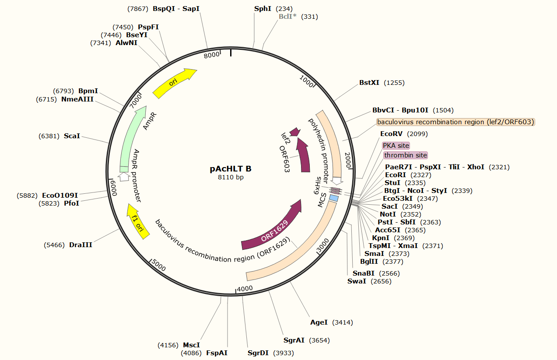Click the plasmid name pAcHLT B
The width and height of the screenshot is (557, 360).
click(231, 169)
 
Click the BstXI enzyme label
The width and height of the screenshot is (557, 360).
click(369, 82)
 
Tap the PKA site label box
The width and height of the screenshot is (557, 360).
click(396, 145)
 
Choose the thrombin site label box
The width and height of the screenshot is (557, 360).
click(406, 155)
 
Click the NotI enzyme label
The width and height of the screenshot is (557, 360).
click(388, 214)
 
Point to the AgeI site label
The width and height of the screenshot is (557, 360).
click(319, 322)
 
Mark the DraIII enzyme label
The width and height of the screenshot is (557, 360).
click(81, 245)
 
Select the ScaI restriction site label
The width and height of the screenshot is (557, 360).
click(72, 136)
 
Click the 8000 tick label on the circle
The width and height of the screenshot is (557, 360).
click(212, 54)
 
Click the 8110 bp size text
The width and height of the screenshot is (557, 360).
click(231, 177)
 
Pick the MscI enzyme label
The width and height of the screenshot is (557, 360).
click(191, 345)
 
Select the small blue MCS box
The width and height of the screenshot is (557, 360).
click(334, 199)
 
